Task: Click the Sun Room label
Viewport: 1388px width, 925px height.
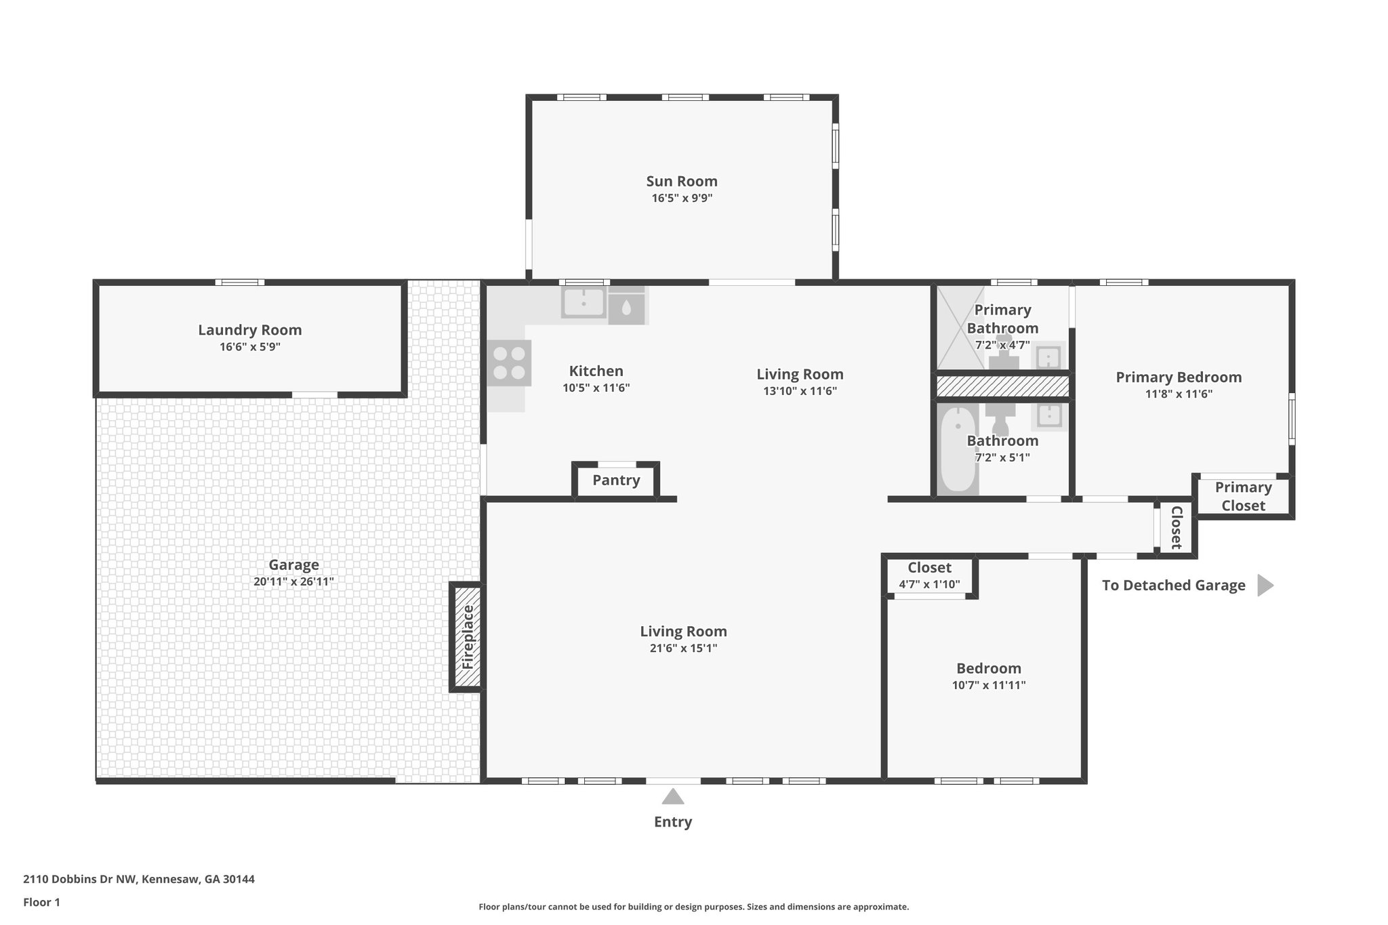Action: click(681, 181)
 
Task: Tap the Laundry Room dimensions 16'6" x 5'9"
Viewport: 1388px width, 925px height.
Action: click(249, 347)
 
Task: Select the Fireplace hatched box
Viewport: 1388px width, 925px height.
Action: click(468, 637)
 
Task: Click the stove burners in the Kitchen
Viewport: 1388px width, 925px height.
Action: click(509, 363)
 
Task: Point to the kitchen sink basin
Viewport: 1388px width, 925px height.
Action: click(583, 303)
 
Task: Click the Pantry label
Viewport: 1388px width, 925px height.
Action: click(616, 480)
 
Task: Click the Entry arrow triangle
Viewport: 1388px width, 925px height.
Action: click(672, 796)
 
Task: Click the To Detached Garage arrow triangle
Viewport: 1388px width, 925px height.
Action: click(1264, 585)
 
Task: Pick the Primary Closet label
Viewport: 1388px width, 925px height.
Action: click(1243, 496)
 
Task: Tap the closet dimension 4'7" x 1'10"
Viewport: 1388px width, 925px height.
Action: click(929, 584)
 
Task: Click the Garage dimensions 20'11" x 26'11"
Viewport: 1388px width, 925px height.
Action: click(293, 581)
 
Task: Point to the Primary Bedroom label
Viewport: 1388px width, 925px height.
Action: click(1179, 377)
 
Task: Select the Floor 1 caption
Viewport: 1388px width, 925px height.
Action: click(41, 902)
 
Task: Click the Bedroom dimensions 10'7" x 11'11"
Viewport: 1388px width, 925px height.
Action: click(988, 685)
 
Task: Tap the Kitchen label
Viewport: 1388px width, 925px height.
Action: click(596, 371)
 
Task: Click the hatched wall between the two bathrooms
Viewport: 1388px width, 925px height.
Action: click(1002, 386)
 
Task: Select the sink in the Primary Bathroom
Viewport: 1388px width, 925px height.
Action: click(1048, 356)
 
